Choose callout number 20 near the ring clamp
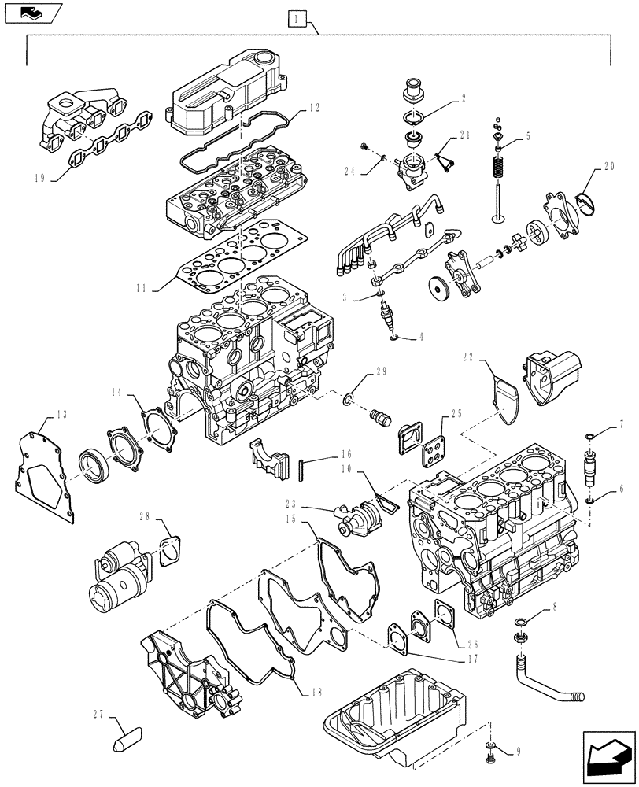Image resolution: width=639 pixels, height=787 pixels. pos(608,167)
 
